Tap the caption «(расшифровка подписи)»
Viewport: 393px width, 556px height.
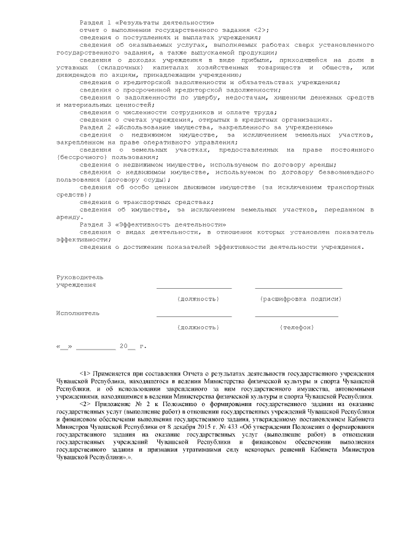click(301, 299)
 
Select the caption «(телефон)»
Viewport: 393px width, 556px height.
click(297, 327)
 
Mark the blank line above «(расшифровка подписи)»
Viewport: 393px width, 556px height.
click(298, 287)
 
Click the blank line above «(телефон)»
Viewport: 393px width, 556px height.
click(297, 316)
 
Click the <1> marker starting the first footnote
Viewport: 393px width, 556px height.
click(85, 374)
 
